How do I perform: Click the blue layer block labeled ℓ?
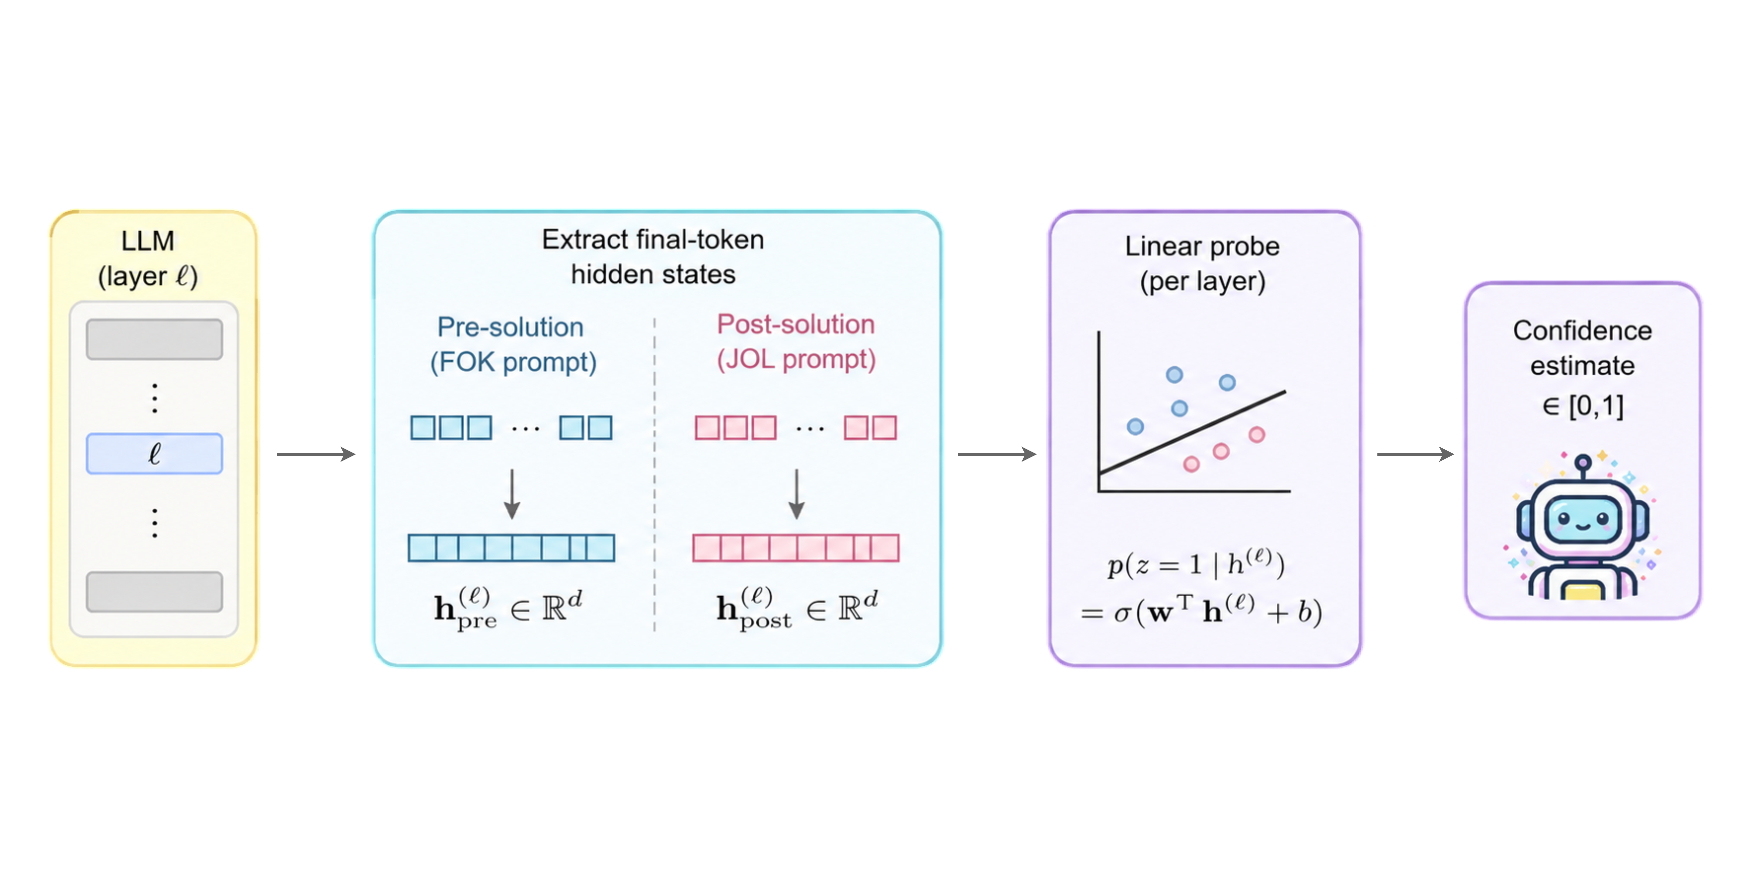point(154,454)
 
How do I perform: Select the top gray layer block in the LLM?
point(154,339)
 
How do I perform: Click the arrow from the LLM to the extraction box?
point(316,454)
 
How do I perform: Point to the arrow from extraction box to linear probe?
point(997,454)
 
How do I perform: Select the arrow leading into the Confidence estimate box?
point(1415,454)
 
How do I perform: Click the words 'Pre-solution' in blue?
point(510,327)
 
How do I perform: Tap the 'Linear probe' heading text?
point(1202,246)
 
